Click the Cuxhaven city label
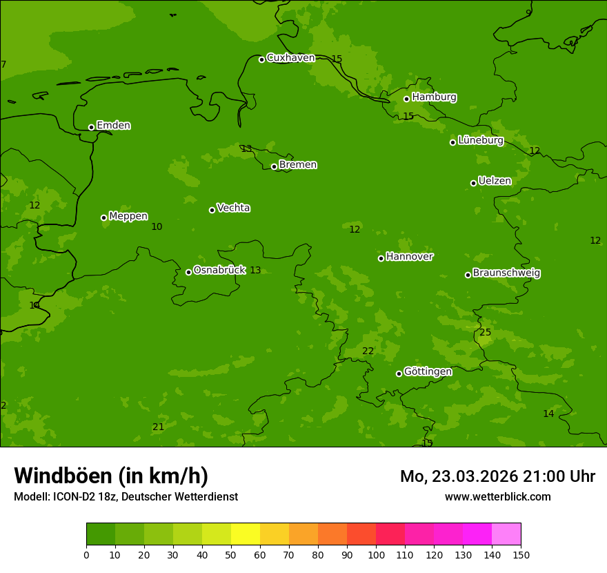(x=290, y=58)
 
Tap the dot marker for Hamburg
(x=406, y=99)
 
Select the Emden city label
(x=113, y=126)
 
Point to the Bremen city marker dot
(x=274, y=166)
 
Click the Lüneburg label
(x=480, y=140)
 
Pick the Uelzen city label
(x=495, y=181)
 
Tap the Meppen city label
(x=128, y=216)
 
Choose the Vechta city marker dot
(x=212, y=210)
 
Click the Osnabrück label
(x=219, y=270)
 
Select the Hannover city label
(x=409, y=257)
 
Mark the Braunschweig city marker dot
(x=468, y=275)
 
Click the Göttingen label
(x=428, y=371)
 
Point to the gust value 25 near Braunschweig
(x=486, y=333)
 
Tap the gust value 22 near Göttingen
(x=368, y=351)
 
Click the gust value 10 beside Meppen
(x=157, y=227)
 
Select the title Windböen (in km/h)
(x=111, y=476)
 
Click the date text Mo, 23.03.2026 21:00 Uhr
(x=497, y=476)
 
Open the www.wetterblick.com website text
(x=497, y=497)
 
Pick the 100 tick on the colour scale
(x=376, y=554)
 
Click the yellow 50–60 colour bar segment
(x=246, y=534)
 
